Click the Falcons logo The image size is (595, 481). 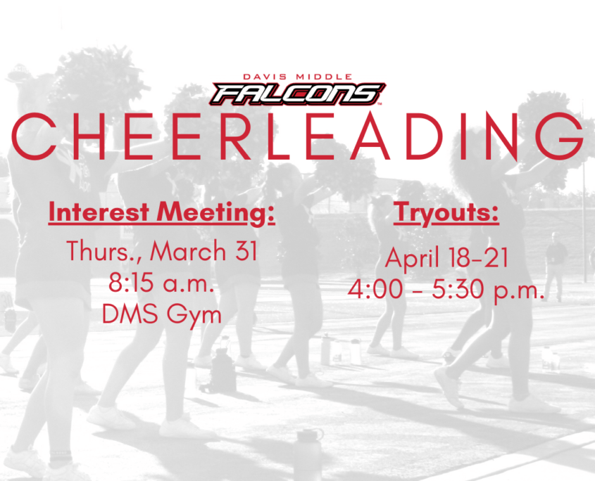297,94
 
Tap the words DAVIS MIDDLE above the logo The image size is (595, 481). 297,77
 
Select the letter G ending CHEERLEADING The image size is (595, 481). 560,136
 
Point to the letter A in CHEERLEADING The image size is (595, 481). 370,136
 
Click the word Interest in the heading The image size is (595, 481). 99,212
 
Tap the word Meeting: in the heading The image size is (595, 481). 215,213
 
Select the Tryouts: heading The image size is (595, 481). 446,213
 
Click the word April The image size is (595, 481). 413,259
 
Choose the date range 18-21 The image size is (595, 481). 478,257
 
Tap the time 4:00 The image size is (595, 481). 375,290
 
